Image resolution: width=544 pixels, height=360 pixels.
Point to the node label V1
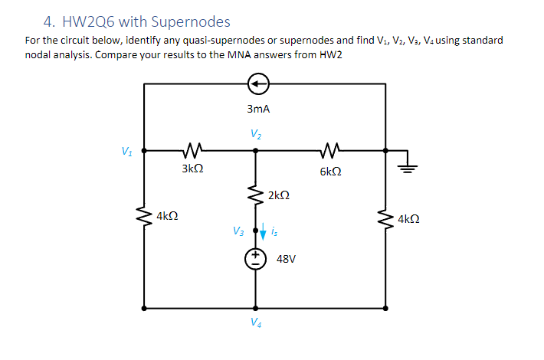[126, 149]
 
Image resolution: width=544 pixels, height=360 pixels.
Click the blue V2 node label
[254, 134]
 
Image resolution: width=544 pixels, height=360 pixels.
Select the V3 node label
[239, 230]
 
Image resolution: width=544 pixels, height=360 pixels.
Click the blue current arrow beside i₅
[264, 229]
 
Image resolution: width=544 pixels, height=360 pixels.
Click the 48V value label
[286, 260]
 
